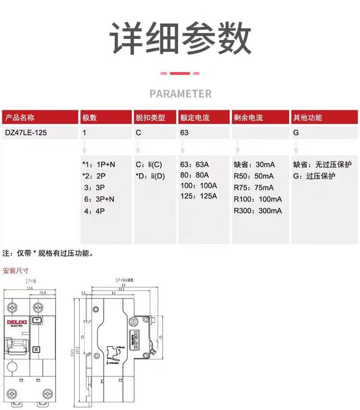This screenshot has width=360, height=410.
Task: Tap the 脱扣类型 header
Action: pyautogui.click(x=155, y=118)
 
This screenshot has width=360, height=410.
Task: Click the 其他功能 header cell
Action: pyautogui.click(x=325, y=118)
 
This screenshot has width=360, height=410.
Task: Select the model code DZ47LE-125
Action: pyautogui.click(x=26, y=133)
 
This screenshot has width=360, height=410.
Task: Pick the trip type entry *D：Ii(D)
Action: pyautogui.click(x=150, y=176)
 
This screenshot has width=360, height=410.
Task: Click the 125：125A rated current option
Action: pyautogui.click(x=198, y=196)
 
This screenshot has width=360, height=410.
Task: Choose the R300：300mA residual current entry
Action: pyautogui.click(x=258, y=210)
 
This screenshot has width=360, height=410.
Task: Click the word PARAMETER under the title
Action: pyautogui.click(x=180, y=94)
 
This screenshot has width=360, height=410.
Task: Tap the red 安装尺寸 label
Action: pyautogui.click(x=16, y=271)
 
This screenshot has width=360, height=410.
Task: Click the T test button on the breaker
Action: pyautogui.click(x=36, y=320)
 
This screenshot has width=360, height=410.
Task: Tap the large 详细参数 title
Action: pyautogui.click(x=180, y=38)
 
